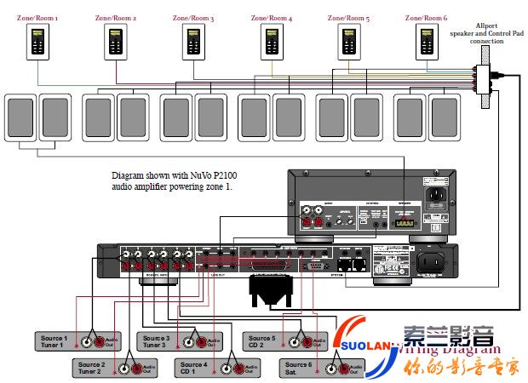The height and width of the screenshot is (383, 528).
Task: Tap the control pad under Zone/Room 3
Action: pos(192,41)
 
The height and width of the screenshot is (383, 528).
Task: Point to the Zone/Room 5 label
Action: pos(348,17)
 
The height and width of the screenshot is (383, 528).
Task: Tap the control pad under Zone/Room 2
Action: pos(115,41)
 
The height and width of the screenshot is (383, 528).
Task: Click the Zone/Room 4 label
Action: pos(271,17)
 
